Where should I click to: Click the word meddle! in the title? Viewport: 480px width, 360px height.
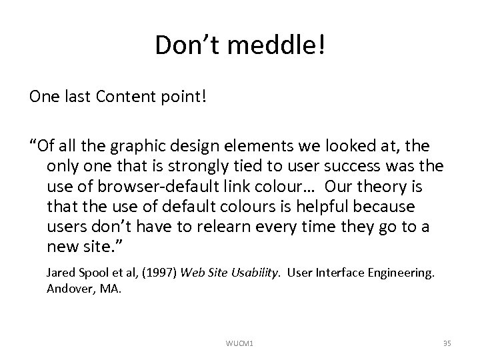point(280,46)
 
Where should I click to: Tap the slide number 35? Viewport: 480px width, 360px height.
point(447,343)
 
